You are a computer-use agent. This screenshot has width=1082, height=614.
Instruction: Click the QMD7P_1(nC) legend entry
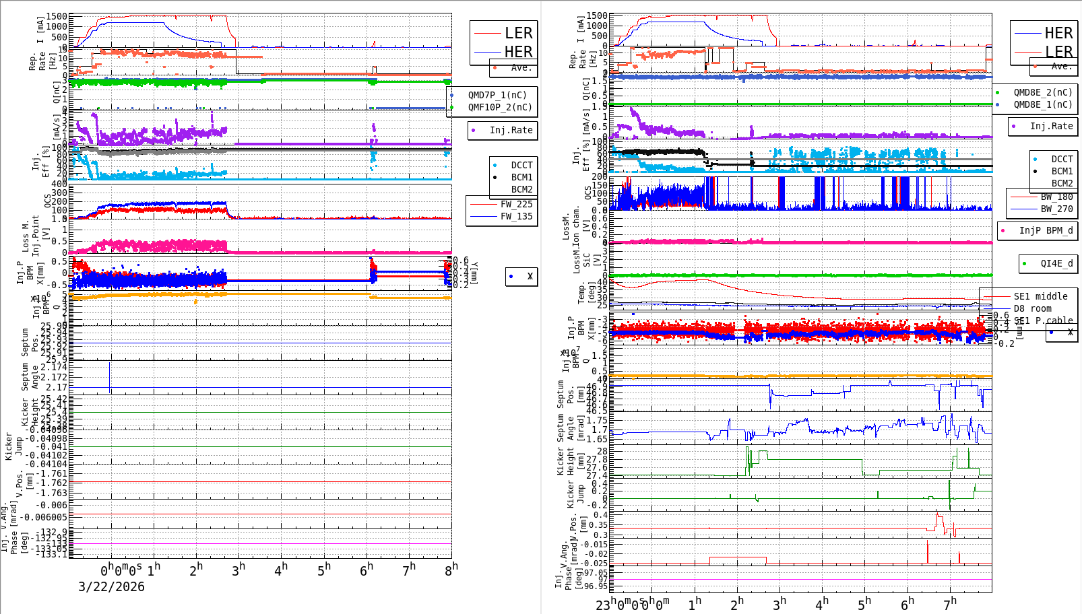point(497,95)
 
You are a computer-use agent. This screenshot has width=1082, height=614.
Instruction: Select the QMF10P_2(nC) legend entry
point(500,107)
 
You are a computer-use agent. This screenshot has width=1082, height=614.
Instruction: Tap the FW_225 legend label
point(516,204)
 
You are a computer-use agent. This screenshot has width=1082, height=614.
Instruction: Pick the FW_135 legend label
point(516,216)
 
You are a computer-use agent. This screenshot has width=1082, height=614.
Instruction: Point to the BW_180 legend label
point(1056,197)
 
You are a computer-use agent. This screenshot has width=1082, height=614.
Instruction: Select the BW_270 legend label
point(1056,209)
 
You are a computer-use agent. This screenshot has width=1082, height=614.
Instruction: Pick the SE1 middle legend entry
point(1040,296)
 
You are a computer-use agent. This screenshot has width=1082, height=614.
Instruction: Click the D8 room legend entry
point(1032,308)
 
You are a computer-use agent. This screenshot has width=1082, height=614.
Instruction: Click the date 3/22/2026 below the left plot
point(111,586)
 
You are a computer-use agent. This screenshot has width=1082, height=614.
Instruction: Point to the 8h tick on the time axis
point(451,569)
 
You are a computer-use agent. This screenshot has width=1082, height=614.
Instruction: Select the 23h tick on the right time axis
point(604,604)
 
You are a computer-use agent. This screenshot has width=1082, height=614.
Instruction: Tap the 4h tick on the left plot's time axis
point(281,570)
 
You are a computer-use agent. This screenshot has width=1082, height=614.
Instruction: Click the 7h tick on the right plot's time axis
point(950,603)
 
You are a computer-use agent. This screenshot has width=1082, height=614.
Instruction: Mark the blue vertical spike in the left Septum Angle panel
point(110,377)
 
